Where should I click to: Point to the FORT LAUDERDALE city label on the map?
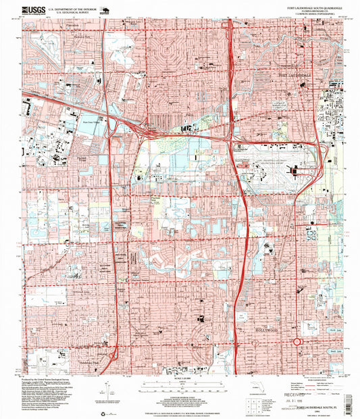294,75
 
